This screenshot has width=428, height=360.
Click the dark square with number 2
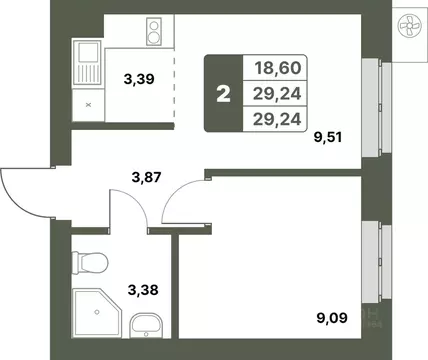(222, 95)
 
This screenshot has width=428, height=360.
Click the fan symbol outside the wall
(410, 27)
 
